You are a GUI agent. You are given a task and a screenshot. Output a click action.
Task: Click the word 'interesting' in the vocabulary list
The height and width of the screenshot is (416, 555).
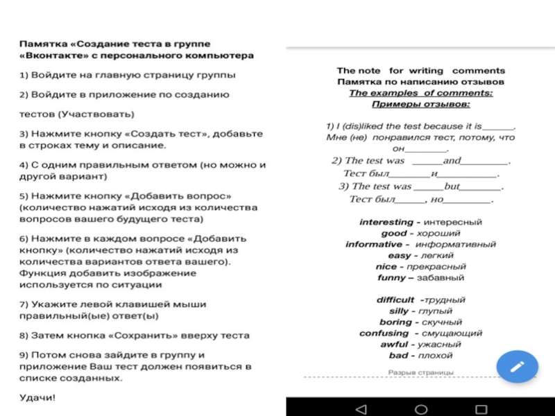386,223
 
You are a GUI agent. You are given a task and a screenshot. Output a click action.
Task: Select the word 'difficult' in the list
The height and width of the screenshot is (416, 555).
395,300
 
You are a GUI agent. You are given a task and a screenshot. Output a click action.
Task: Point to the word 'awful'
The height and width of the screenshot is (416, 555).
394,345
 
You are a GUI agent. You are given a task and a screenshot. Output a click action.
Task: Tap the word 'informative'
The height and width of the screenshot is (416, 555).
373,245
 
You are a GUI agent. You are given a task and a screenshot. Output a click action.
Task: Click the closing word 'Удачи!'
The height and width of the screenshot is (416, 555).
37,398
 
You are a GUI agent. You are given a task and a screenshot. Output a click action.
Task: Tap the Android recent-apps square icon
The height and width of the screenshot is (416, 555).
482,407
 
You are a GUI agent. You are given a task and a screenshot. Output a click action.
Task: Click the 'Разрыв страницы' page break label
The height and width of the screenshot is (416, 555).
420,372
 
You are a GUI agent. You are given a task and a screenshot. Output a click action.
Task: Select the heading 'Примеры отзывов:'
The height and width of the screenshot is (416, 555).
420,104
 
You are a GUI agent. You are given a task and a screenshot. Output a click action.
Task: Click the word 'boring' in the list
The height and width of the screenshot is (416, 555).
396,322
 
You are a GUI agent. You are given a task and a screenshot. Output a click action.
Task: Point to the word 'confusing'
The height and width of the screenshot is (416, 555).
384,333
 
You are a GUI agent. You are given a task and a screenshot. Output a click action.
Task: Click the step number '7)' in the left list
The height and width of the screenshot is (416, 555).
24,304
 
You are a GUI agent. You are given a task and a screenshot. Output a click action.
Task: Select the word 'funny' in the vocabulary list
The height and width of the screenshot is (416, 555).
391,278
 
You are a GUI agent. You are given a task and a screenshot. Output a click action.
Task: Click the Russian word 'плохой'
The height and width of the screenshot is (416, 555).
437,356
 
